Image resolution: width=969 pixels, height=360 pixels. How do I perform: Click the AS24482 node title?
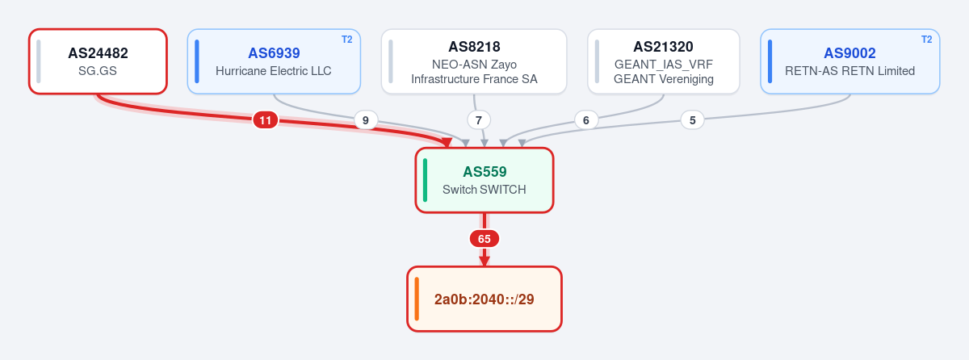(x=99, y=53)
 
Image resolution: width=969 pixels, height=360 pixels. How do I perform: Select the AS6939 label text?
(x=274, y=53)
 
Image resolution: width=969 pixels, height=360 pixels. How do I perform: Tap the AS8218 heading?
(x=474, y=47)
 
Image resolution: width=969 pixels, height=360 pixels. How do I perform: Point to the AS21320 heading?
(x=663, y=47)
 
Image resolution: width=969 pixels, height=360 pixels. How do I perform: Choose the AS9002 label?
(x=849, y=53)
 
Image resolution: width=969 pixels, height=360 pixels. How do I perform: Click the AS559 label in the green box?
(x=484, y=172)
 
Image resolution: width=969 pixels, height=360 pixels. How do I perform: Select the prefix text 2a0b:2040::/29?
(x=484, y=299)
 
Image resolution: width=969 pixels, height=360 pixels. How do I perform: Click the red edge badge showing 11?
(x=265, y=119)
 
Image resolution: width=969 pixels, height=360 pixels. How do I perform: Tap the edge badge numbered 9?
(x=366, y=119)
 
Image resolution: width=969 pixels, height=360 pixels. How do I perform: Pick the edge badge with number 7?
(x=478, y=119)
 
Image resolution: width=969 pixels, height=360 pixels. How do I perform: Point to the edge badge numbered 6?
(x=586, y=119)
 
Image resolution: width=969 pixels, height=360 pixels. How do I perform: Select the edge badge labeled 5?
(x=693, y=119)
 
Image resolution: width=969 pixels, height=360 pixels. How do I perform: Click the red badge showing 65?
(x=484, y=239)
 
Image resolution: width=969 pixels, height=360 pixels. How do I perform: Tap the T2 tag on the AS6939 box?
(x=347, y=40)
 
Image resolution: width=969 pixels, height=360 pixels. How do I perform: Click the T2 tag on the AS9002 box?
(x=927, y=40)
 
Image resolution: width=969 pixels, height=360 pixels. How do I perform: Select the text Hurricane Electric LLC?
(x=274, y=71)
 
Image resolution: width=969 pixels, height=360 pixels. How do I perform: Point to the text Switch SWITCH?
(x=484, y=190)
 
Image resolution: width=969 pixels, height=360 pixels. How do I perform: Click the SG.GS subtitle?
(x=98, y=71)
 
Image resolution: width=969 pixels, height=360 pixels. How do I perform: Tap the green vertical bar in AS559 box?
(x=425, y=180)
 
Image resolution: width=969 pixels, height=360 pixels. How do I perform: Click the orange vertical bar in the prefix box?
(x=417, y=299)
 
